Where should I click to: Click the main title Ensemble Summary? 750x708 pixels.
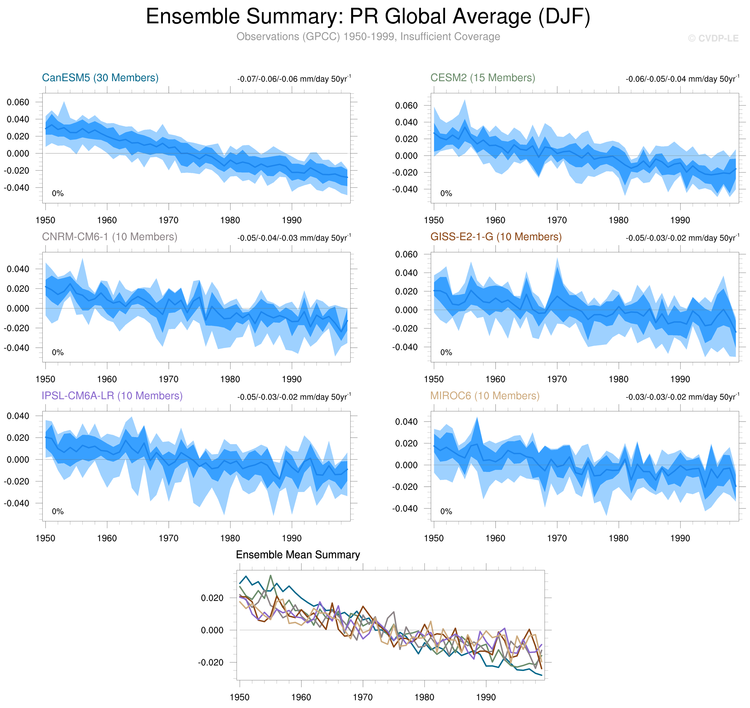coord(368,17)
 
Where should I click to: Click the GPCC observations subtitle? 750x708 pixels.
coord(368,37)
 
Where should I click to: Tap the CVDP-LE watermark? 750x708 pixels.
coord(713,38)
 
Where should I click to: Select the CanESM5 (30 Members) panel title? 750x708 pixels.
coord(100,78)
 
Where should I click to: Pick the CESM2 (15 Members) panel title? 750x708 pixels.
coord(483,78)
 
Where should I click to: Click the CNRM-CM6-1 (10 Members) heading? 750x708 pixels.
coord(109,237)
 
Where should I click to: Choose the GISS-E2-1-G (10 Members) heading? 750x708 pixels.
coord(496,237)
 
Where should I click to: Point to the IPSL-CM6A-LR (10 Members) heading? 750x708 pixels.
coord(112,396)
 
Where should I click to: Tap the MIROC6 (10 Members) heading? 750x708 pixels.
coord(485,396)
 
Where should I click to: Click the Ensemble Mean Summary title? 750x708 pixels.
coord(298,555)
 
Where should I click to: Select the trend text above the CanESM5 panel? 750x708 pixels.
coord(294,79)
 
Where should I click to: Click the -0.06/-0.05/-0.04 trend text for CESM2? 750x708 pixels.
coord(682,79)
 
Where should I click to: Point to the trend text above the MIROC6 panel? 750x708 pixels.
coord(682,397)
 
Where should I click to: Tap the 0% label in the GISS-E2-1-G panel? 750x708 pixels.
coord(446,353)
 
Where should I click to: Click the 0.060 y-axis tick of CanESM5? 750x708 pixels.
coord(18,102)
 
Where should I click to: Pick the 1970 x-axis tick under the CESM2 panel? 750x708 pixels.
coord(557,220)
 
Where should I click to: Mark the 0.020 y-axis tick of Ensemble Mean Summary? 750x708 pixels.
coord(212,598)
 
